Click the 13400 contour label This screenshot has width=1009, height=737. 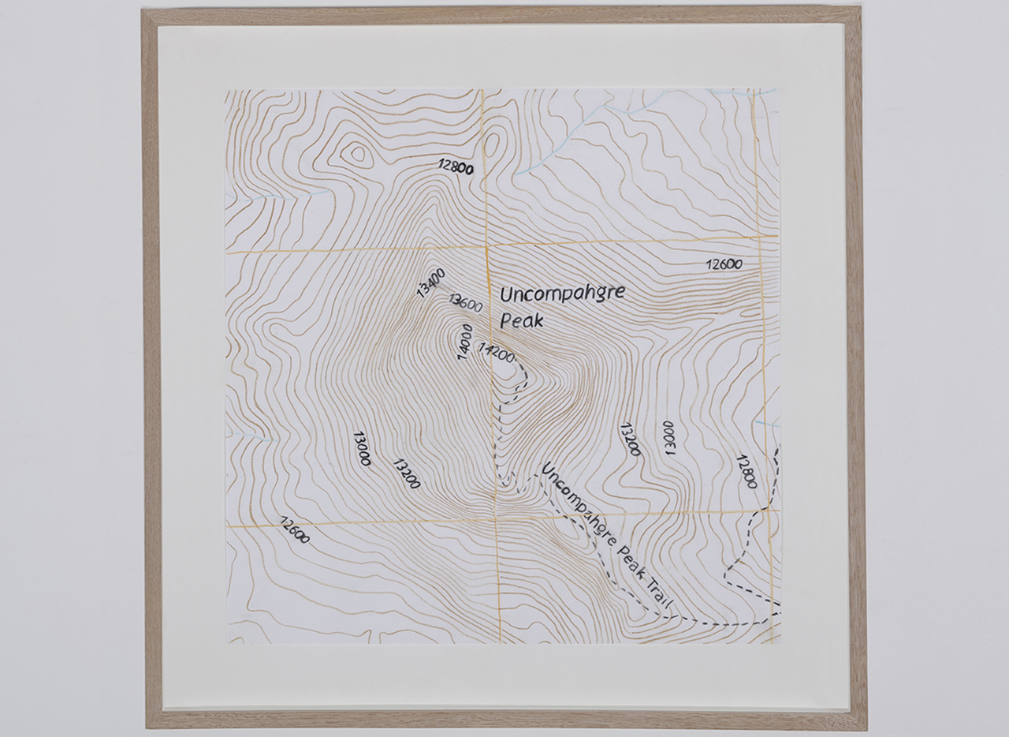click(431, 283)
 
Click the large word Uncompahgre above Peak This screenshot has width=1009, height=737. click(562, 294)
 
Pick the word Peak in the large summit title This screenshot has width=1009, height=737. click(521, 321)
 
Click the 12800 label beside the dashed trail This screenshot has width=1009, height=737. click(746, 471)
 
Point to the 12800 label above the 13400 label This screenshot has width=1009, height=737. click(456, 166)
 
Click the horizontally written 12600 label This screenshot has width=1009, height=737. click(724, 264)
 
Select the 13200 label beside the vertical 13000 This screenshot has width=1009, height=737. click(630, 440)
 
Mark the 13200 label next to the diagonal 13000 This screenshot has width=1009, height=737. click(406, 473)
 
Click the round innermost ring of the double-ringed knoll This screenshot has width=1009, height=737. click(357, 153)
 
